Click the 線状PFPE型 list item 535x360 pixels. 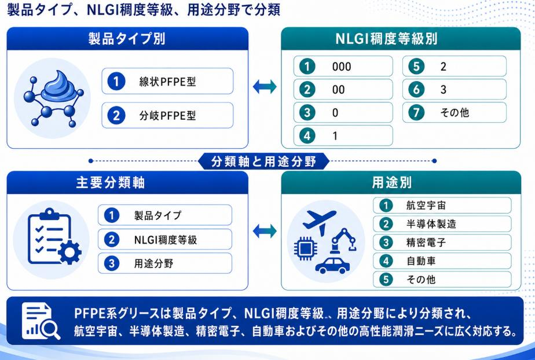pyautogui.click(x=167, y=81)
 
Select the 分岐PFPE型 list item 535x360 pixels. pyautogui.click(x=167, y=115)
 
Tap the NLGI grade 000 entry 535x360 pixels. pyautogui.click(x=343, y=67)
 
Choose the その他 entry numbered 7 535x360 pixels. pyautogui.click(x=454, y=112)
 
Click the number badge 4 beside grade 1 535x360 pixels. pyautogui.click(x=307, y=135)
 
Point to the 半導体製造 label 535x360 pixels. pyautogui.click(x=431, y=224)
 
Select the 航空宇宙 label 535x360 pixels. pyautogui.click(x=426, y=205)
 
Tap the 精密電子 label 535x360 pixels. pyautogui.click(x=426, y=243)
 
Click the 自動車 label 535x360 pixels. pyautogui.click(x=421, y=261)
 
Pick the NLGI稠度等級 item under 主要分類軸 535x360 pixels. pyautogui.click(x=165, y=239)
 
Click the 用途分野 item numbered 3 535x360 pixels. pyautogui.click(x=165, y=263)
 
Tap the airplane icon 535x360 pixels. pyautogui.click(x=319, y=222)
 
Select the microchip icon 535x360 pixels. pyautogui.click(x=306, y=248)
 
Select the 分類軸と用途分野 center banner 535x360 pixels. pyautogui.click(x=263, y=161)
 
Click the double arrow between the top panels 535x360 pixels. pyautogui.click(x=265, y=87)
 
